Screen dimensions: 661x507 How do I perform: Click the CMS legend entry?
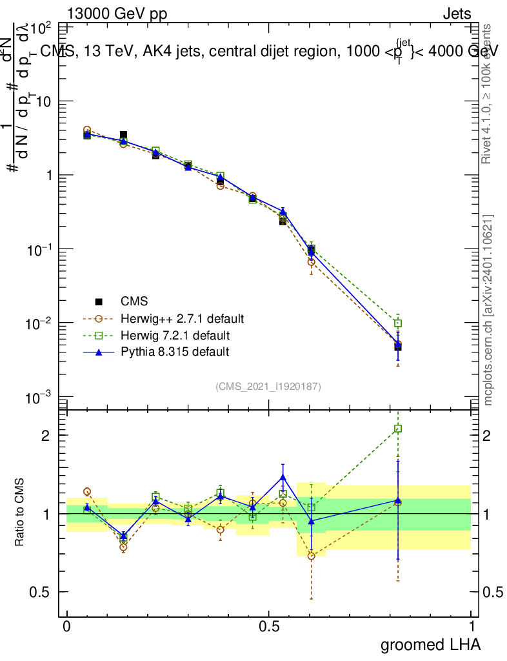click(134, 301)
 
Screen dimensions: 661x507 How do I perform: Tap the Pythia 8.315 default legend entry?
click(166, 352)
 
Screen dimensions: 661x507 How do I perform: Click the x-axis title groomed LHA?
click(430, 644)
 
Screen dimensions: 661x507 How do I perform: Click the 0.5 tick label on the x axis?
click(269, 627)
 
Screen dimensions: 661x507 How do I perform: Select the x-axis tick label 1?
click(472, 627)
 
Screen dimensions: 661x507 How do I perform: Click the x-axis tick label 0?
click(67, 627)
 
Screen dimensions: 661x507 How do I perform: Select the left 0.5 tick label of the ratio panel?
click(42, 592)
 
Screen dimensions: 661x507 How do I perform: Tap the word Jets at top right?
click(456, 14)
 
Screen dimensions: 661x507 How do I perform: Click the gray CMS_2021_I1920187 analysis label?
click(268, 386)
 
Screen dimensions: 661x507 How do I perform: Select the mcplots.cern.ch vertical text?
click(489, 310)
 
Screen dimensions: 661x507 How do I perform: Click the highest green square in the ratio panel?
click(398, 429)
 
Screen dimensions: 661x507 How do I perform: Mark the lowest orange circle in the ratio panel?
click(312, 556)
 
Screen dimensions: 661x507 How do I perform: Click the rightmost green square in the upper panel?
click(398, 323)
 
